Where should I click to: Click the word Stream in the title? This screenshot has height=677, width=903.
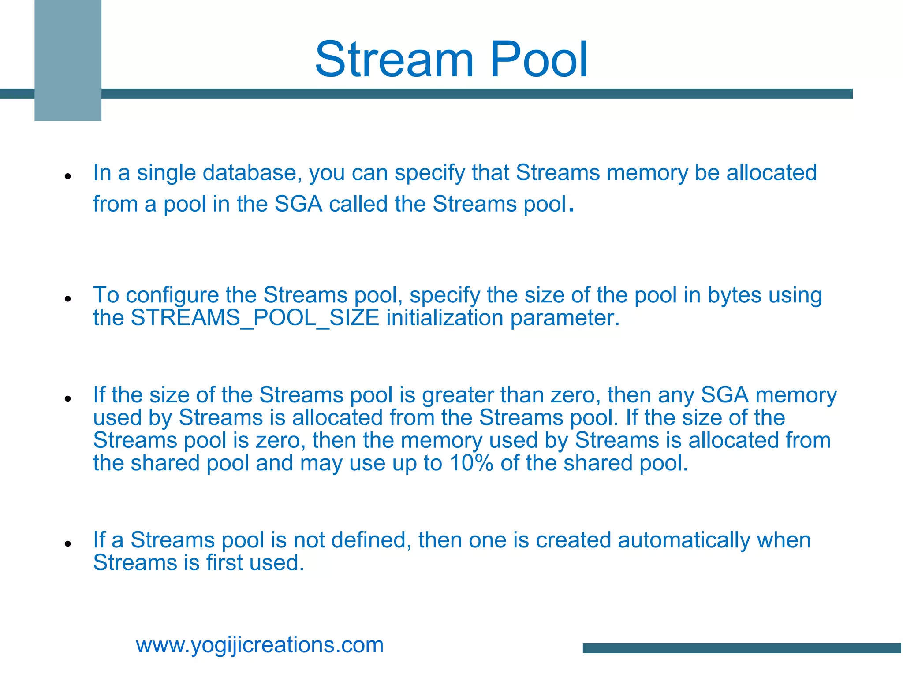pyautogui.click(x=394, y=60)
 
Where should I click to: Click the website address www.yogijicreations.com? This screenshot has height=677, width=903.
pyautogui.click(x=260, y=645)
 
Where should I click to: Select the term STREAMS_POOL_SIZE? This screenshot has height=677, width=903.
pyautogui.click(x=255, y=318)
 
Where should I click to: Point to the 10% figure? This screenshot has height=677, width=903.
pyautogui.click(x=471, y=463)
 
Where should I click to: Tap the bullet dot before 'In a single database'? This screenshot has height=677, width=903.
pyautogui.click(x=67, y=176)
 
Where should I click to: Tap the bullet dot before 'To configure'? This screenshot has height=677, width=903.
pyautogui.click(x=67, y=299)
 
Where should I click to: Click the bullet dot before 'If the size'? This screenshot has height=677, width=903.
pyautogui.click(x=67, y=399)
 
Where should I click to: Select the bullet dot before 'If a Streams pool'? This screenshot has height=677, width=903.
pyautogui.click(x=67, y=544)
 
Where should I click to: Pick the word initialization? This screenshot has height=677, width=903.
pyautogui.click(x=444, y=318)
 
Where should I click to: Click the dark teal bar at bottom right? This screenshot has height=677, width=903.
pyautogui.click(x=742, y=648)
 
